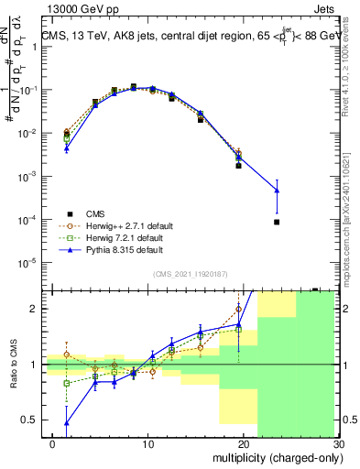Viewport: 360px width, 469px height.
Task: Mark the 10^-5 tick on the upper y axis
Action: coord(31,263)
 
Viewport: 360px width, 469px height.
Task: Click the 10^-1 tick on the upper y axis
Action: coord(31,90)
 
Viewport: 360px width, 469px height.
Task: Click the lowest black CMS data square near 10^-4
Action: coord(277,222)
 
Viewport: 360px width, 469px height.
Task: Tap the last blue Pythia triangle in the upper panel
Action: coord(277,191)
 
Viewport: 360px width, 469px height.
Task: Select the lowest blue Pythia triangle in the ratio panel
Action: coord(66,422)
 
